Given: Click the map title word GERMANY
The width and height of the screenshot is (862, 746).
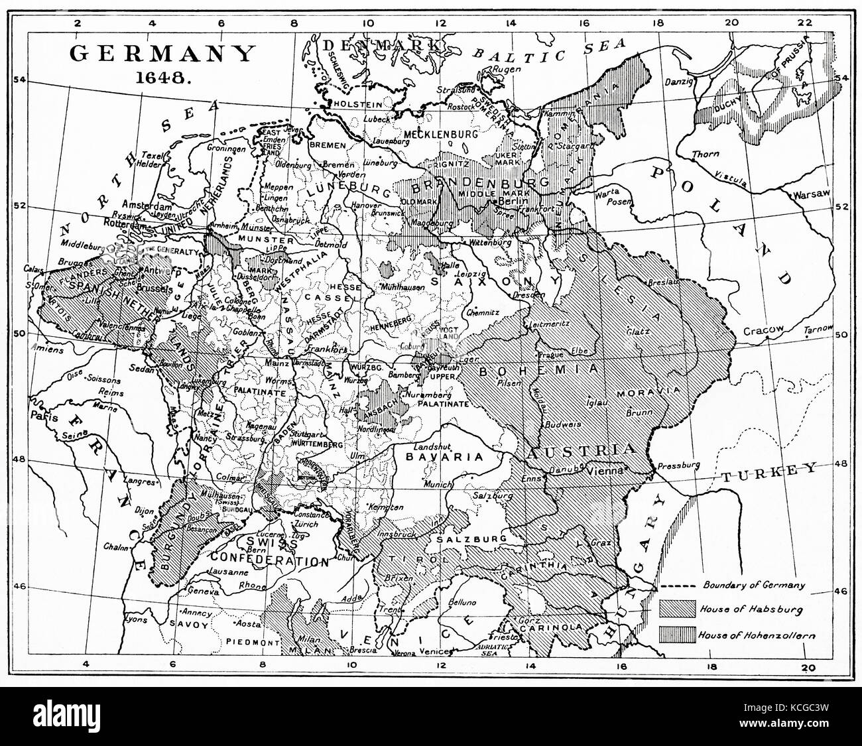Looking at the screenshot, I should pos(163,53).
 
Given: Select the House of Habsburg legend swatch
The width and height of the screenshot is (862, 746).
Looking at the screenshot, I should pos(677,607).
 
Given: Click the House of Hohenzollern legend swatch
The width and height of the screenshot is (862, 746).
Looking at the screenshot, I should pos(677,635).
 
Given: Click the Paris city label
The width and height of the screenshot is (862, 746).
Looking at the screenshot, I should pos(44,418).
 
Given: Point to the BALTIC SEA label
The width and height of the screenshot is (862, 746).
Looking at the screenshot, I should pos(550,52).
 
